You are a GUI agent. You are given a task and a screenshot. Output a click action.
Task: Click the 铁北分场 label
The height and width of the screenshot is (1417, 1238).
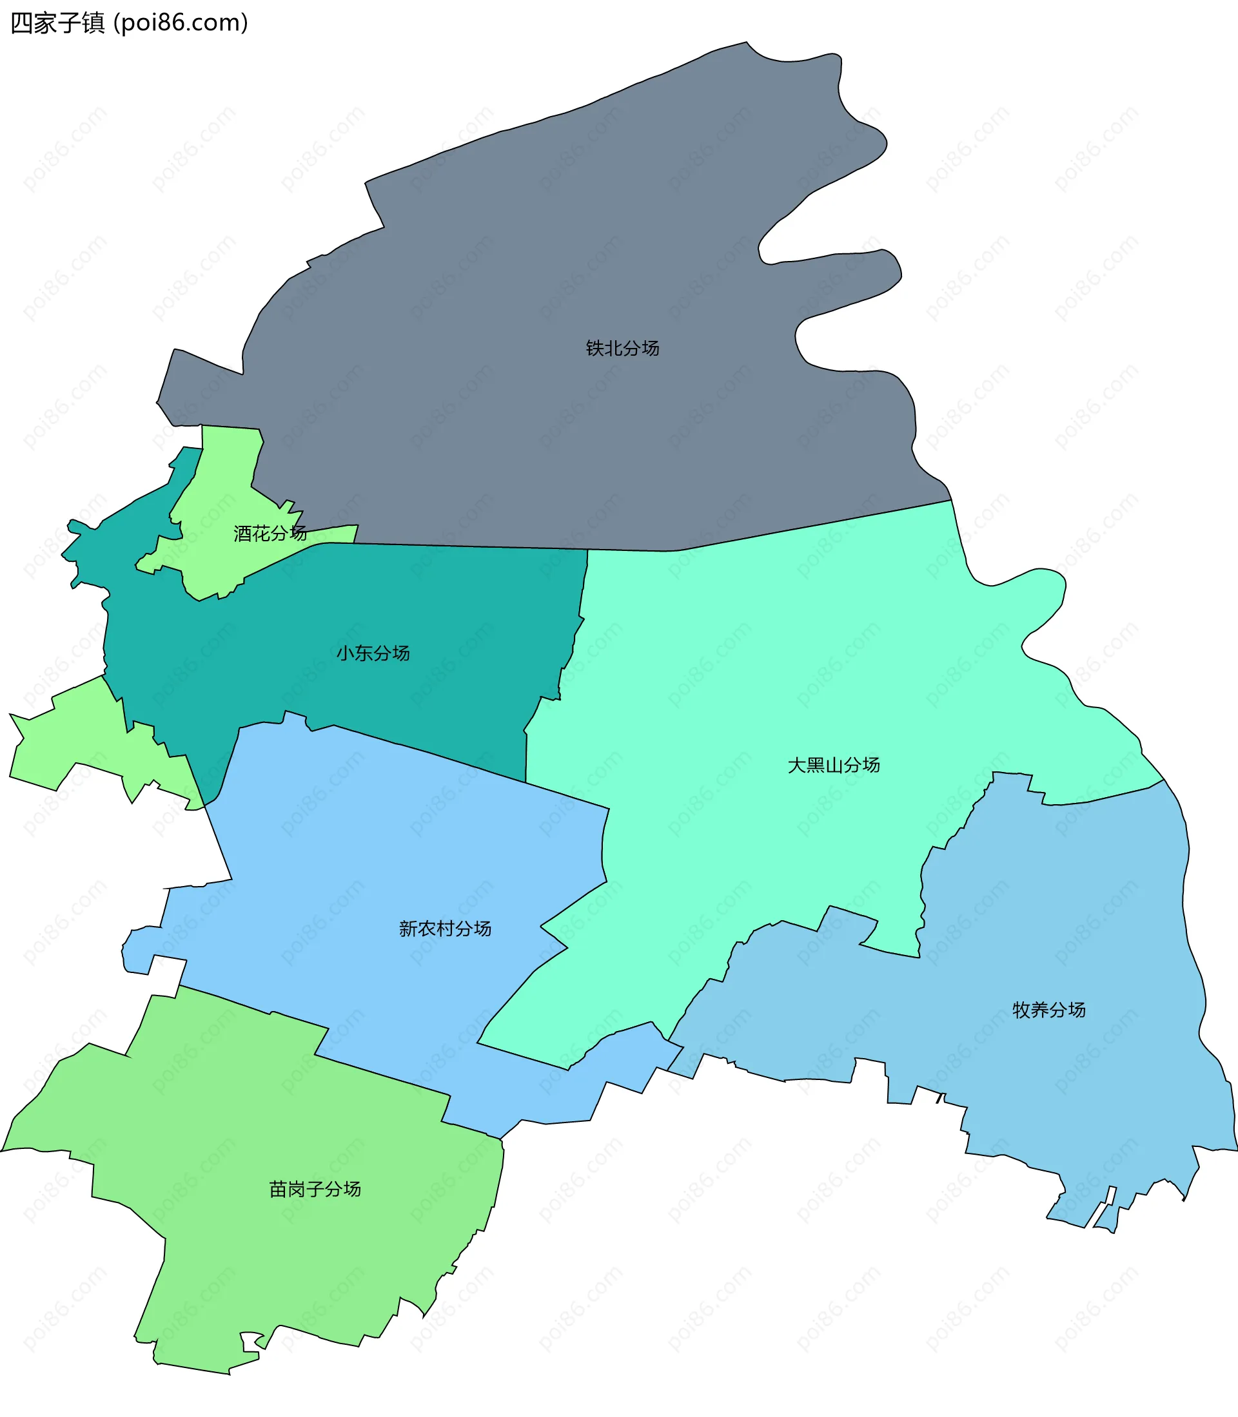pyautogui.click(x=622, y=348)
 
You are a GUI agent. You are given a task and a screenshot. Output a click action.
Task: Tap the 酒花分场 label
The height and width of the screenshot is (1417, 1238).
pyautogui.click(x=270, y=533)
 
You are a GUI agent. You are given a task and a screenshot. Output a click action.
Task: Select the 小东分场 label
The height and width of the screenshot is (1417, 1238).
pyautogui.click(x=373, y=653)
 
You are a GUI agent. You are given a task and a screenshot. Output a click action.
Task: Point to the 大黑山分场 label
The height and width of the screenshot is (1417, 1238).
pyautogui.click(x=833, y=765)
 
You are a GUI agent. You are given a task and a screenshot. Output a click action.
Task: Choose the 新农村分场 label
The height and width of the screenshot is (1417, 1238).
pyautogui.click(x=445, y=929)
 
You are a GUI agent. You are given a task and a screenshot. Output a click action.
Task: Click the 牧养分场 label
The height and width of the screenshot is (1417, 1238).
pyautogui.click(x=1048, y=1010)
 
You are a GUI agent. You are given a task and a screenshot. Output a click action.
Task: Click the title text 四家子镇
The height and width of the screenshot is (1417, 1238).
pyautogui.click(x=57, y=23)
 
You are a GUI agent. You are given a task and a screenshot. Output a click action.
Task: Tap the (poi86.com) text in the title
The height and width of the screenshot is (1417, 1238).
pyautogui.click(x=181, y=23)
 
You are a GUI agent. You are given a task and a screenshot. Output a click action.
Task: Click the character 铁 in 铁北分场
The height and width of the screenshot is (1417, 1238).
pyautogui.click(x=594, y=348)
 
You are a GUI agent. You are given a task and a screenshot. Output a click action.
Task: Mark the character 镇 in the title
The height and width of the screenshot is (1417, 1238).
pyautogui.click(x=93, y=23)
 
